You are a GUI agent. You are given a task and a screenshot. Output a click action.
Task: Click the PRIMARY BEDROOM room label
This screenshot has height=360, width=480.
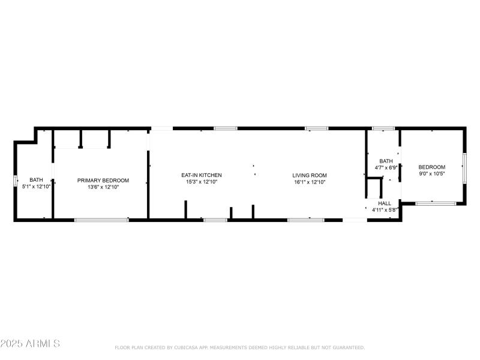[x=103, y=180]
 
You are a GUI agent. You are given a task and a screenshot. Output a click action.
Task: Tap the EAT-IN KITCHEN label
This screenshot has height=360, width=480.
[x=202, y=175]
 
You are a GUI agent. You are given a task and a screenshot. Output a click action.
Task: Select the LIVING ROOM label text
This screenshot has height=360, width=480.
[x=310, y=175]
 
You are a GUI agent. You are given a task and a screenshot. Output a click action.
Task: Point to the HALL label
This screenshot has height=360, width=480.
[x=385, y=203]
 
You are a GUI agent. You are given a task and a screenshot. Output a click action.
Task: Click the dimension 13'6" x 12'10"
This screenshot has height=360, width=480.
[x=103, y=187]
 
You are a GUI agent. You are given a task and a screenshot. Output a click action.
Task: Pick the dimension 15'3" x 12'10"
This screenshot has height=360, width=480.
[x=202, y=182]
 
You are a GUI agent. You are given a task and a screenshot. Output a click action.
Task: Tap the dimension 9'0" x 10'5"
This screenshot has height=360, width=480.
[x=432, y=173]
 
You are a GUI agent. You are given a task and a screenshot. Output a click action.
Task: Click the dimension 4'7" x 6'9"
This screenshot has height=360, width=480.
[x=384, y=168]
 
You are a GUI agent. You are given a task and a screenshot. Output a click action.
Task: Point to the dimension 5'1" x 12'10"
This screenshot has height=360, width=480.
[x=37, y=187]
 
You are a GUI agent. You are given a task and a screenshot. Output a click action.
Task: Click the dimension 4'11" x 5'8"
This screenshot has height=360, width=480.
[x=385, y=210]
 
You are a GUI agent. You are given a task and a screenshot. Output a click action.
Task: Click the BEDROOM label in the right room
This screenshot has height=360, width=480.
[x=432, y=167]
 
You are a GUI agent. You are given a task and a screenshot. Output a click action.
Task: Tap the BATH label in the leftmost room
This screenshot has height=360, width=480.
[x=37, y=179]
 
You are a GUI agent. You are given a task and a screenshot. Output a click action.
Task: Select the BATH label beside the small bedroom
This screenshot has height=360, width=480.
[x=386, y=161]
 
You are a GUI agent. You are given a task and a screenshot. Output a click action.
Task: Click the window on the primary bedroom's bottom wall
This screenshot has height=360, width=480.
[x=101, y=220]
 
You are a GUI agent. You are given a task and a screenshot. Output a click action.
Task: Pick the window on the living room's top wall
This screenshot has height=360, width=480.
[x=316, y=128]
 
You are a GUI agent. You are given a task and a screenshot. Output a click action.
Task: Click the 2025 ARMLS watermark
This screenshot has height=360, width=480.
[x=30, y=344]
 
